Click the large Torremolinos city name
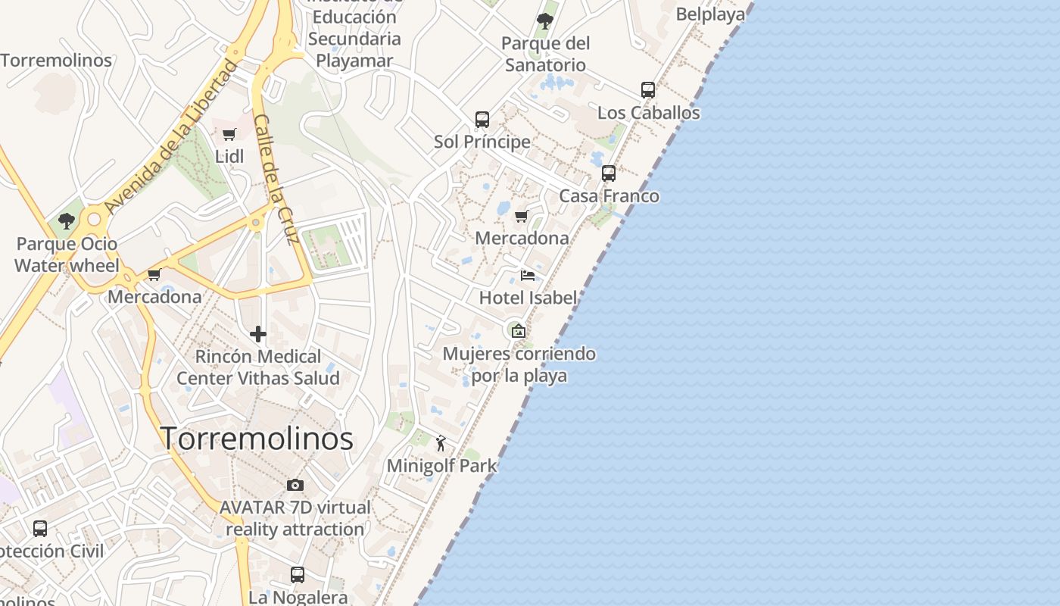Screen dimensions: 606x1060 click(257, 439)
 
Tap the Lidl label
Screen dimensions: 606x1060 click(229, 157)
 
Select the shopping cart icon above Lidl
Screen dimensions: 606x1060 click(229, 135)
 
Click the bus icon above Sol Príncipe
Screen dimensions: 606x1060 click(482, 120)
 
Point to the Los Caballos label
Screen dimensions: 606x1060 click(649, 113)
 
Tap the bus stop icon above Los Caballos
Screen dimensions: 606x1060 click(648, 90)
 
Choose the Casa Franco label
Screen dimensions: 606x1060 click(609, 196)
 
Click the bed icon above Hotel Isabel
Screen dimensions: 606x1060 click(528, 275)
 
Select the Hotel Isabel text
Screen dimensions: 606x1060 click(528, 298)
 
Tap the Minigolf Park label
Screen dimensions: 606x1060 click(441, 466)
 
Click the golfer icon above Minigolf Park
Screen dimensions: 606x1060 click(441, 443)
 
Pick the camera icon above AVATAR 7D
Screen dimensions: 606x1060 click(295, 485)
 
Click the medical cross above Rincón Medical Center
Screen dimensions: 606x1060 click(258, 334)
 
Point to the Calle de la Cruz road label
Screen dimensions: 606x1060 click(274, 180)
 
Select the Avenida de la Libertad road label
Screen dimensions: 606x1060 click(170, 136)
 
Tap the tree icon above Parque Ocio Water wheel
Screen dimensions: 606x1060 click(67, 221)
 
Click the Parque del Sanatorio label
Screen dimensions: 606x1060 click(545, 54)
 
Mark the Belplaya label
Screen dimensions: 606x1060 click(710, 14)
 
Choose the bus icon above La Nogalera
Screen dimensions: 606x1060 click(298, 575)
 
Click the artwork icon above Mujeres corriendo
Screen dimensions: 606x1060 click(519, 331)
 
